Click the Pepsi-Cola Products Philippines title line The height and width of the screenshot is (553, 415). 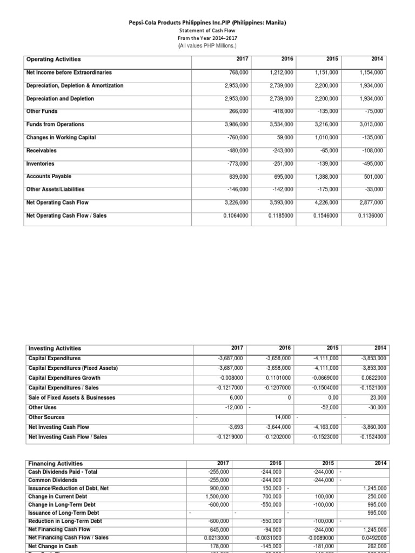pos(207,23)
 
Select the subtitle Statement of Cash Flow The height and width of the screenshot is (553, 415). pos(207,31)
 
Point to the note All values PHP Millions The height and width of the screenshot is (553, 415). pos(207,46)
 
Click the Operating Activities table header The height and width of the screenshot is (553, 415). pos(53,59)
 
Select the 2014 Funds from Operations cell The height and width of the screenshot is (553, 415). pos(372,124)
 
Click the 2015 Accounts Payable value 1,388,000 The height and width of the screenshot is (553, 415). pos(327,177)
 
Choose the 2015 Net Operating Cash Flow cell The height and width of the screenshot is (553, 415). pos(327,203)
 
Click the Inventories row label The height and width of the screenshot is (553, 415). pos(41,164)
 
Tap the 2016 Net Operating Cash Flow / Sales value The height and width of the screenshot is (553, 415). pos(282,216)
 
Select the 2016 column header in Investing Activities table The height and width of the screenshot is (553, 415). pos(285,348)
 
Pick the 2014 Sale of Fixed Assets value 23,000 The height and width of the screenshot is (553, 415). pos(376,397)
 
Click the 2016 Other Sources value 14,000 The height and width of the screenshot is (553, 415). pos(284,417)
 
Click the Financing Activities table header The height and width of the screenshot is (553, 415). pos(55,463)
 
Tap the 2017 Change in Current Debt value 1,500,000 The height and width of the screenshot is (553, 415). pos(230,496)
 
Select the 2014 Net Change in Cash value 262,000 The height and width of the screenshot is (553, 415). pos(376,545)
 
